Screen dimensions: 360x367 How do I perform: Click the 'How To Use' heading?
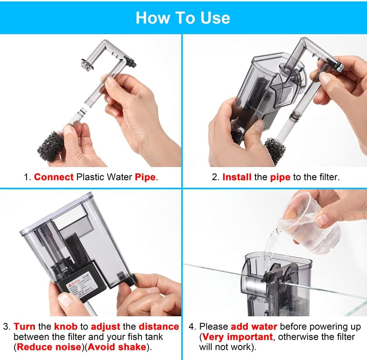pyautogui.click(x=183, y=18)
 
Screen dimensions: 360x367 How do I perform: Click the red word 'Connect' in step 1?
pyautogui.click(x=54, y=177)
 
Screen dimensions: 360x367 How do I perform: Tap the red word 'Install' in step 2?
pyautogui.click(x=237, y=177)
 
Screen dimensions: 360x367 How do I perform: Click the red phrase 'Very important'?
pyautogui.click(x=237, y=337)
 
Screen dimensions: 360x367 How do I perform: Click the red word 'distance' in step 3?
pyautogui.click(x=159, y=326)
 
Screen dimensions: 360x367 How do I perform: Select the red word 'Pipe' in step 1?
pyautogui.click(x=145, y=177)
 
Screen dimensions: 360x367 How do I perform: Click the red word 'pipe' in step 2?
pyautogui.click(x=280, y=177)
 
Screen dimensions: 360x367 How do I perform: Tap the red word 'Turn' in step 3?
pyautogui.click(x=25, y=326)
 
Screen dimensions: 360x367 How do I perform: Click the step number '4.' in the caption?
pyautogui.click(x=193, y=326)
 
